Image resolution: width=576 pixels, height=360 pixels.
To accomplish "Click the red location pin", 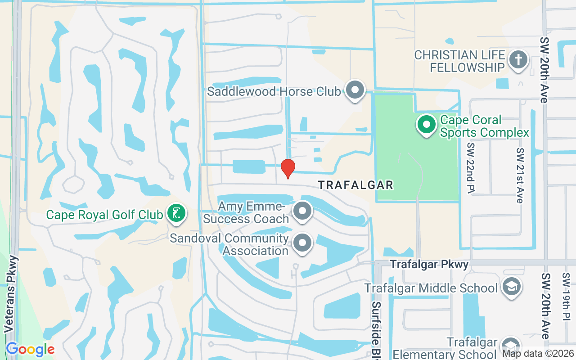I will [x=288, y=168].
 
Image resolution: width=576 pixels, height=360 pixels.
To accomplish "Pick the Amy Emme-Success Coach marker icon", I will [x=302, y=211].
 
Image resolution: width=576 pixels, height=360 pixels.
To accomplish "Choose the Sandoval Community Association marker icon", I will [x=302, y=243].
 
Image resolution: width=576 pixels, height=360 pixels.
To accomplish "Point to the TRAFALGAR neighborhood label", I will [x=356, y=184].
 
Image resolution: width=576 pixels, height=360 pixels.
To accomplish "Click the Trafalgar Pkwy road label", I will [x=429, y=264].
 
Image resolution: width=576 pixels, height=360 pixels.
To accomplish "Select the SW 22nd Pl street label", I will [x=471, y=167].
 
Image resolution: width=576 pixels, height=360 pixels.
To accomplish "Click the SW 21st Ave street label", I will [x=520, y=175].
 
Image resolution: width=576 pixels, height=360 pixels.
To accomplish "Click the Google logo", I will [x=30, y=349].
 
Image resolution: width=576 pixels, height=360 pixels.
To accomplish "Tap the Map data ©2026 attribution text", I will [x=538, y=354].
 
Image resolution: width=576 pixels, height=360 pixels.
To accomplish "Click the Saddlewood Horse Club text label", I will [x=274, y=91].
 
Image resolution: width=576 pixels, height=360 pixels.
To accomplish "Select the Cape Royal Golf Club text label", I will [x=104, y=215].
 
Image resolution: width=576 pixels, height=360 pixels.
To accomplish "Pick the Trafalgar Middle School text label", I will [x=431, y=288].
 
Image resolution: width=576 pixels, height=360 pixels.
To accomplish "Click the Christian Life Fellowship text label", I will [x=459, y=61].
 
